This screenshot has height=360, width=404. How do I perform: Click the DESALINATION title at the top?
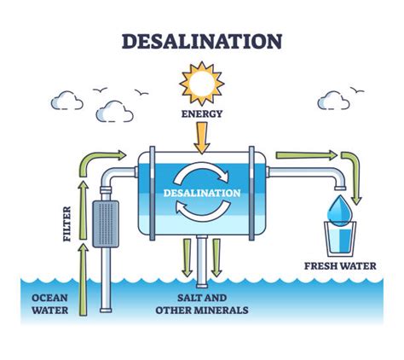tap(201, 41)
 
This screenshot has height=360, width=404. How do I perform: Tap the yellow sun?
tap(201, 84)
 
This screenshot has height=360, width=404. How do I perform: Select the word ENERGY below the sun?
tap(201, 113)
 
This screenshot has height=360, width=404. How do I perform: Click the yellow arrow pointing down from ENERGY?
tap(201, 134)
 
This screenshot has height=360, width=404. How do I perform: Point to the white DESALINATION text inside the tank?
tap(201, 192)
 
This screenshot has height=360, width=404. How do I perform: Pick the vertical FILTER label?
tap(66, 224)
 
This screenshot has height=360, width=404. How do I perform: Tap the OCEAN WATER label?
tap(51, 303)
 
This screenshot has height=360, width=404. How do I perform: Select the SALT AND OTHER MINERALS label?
tap(201, 304)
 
